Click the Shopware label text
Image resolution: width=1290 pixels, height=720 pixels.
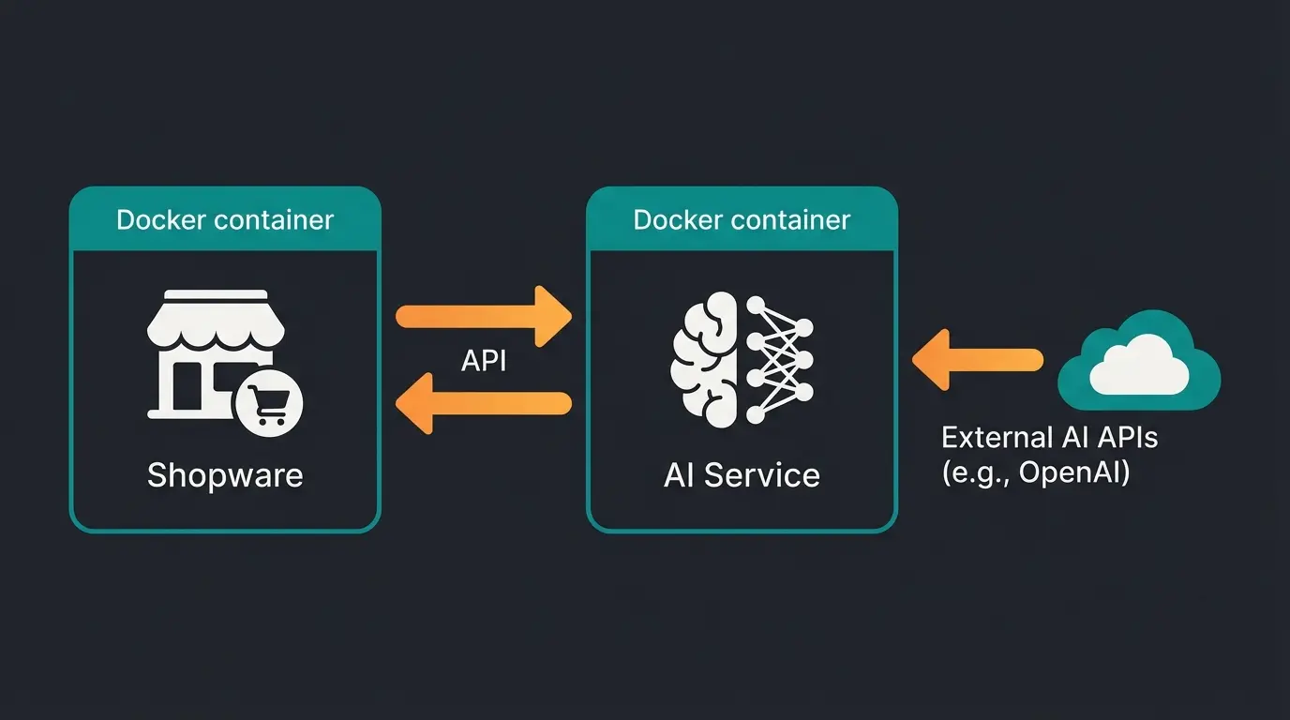tap(225, 475)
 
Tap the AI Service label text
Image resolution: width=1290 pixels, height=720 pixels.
tap(742, 475)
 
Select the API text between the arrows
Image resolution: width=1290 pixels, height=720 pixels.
tap(484, 361)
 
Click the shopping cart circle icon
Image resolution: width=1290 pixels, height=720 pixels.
tap(269, 406)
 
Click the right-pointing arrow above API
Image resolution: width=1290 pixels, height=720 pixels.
tap(484, 316)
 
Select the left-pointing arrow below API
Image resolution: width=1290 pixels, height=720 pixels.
tap(484, 403)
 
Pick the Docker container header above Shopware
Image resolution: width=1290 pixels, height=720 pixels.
tap(225, 220)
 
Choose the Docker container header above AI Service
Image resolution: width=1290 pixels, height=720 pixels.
tap(742, 220)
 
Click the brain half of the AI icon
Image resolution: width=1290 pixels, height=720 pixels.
tap(707, 361)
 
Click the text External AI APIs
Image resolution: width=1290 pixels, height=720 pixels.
tap(1049, 438)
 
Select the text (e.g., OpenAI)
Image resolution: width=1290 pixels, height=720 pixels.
tap(1036, 472)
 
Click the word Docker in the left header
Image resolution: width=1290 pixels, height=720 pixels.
tap(160, 220)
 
